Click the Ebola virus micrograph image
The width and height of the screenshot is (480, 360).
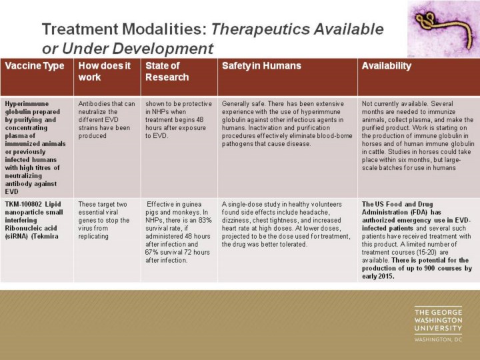click(x=443, y=29)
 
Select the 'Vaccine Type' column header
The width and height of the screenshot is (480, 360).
click(x=35, y=66)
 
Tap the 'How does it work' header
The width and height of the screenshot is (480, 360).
click(x=105, y=71)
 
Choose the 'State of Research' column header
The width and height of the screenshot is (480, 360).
click(x=167, y=71)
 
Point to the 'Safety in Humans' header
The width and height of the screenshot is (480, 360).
click(x=261, y=66)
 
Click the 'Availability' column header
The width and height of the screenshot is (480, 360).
click(x=386, y=66)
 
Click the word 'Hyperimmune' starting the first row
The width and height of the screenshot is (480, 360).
click(x=27, y=104)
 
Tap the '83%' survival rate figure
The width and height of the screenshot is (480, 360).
click(x=205, y=220)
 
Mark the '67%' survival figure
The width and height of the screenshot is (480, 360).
click(x=152, y=252)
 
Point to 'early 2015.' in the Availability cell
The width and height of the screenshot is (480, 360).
click(x=378, y=276)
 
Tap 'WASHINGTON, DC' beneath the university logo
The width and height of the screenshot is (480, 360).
click(x=438, y=339)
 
